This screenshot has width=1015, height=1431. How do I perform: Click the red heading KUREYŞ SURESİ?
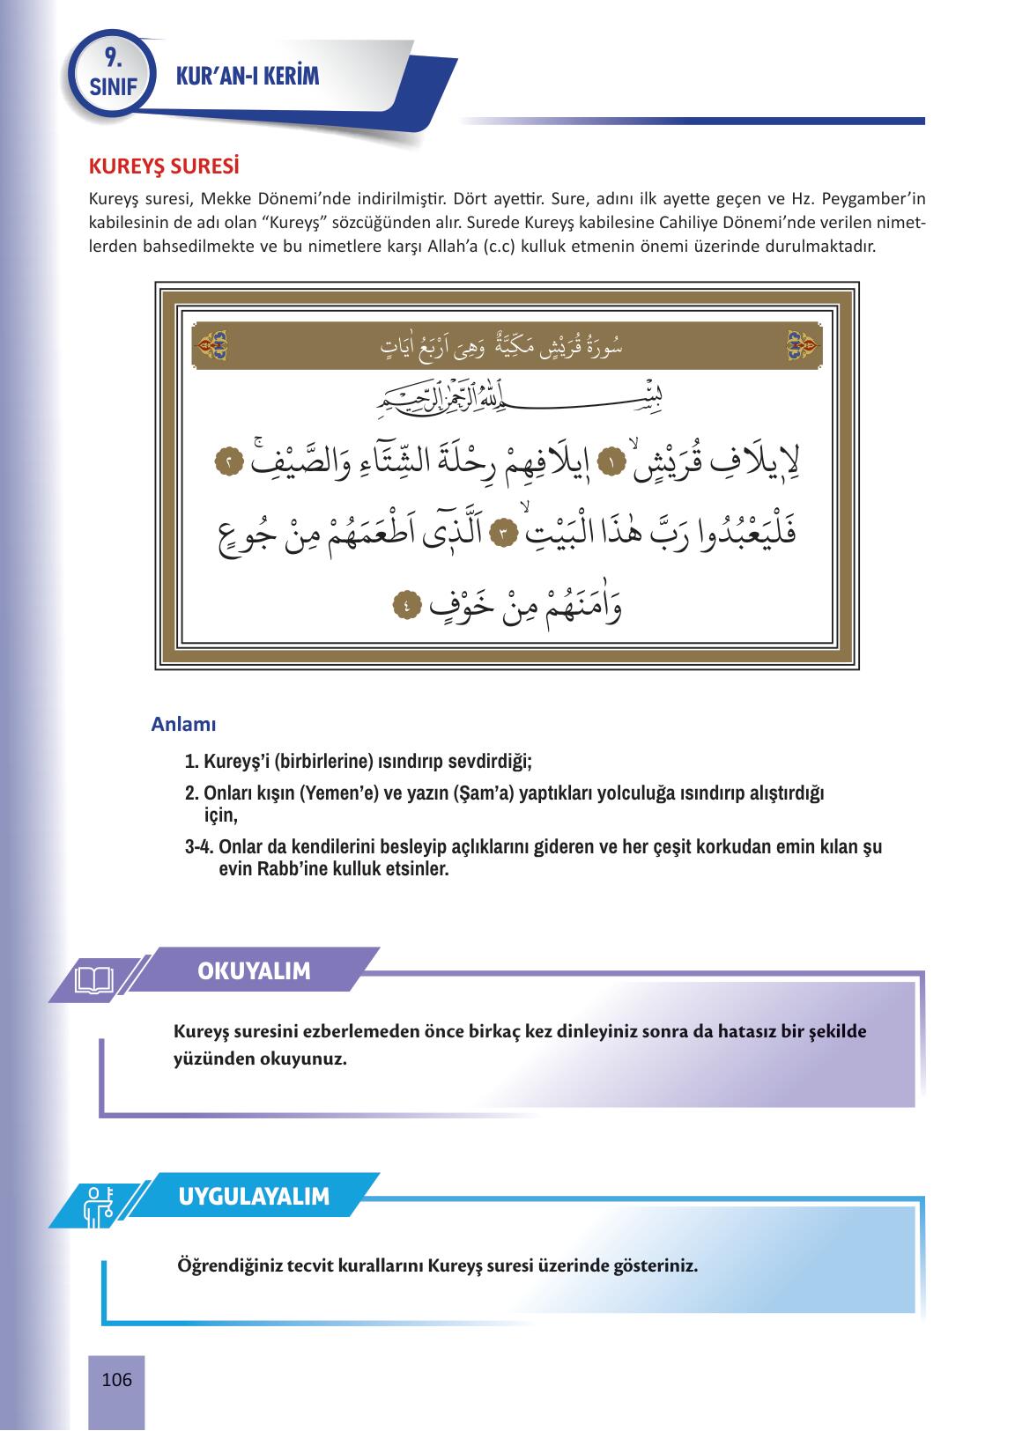(x=165, y=166)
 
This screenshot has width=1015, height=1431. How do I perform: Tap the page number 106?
(x=116, y=1379)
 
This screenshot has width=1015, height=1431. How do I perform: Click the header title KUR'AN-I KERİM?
(x=248, y=77)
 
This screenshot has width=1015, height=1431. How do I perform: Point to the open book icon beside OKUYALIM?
(x=94, y=979)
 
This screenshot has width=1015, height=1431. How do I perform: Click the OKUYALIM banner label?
(x=254, y=971)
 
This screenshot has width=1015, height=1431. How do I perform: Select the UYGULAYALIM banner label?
(x=254, y=1197)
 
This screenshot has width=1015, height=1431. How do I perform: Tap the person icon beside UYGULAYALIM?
(x=94, y=1205)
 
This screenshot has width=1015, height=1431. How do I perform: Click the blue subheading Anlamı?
(x=183, y=725)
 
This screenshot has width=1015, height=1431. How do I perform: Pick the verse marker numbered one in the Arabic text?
(x=610, y=461)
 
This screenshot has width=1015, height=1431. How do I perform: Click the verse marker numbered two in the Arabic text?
(x=229, y=461)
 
